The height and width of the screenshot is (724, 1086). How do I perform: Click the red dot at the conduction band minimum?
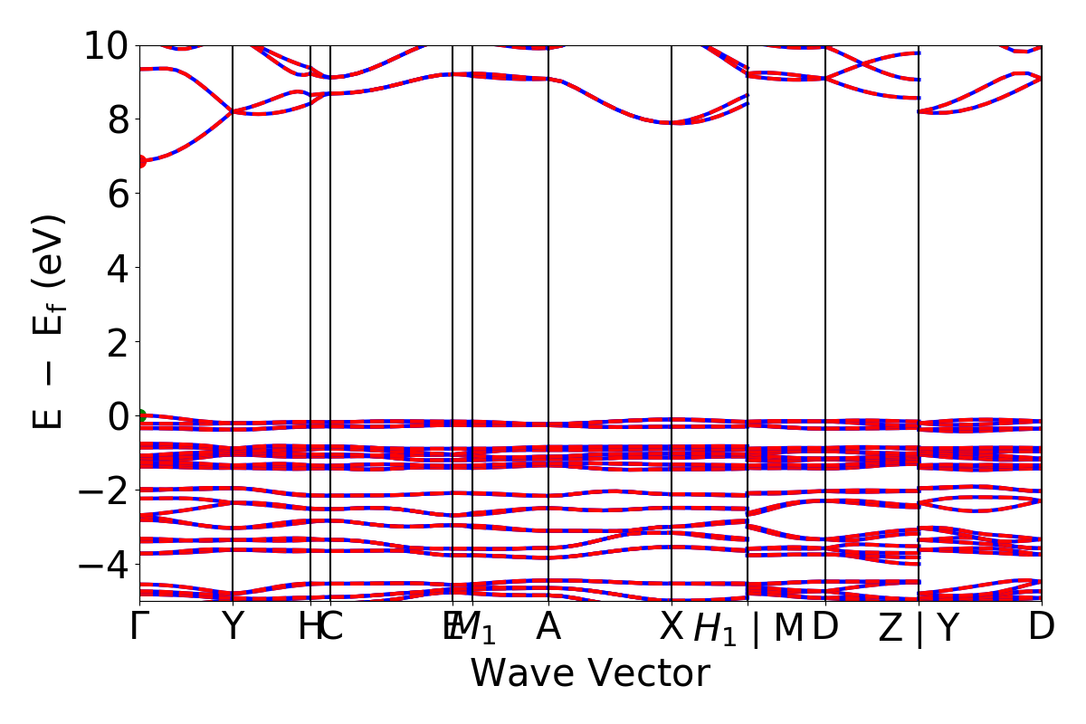pyautogui.click(x=140, y=161)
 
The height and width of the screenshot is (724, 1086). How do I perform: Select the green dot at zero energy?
pyautogui.click(x=140, y=416)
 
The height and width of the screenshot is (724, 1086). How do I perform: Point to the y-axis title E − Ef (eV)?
pyautogui.click(x=50, y=321)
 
